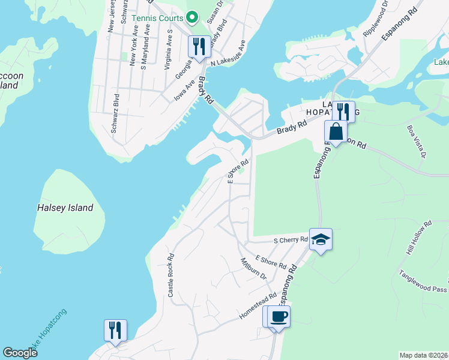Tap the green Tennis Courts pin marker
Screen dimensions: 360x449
tap(192, 17)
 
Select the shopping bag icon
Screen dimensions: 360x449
tap(336, 131)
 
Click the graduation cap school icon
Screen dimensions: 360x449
tap(321, 239)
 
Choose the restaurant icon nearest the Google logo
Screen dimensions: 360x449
tap(115, 329)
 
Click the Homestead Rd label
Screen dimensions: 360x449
tap(258, 305)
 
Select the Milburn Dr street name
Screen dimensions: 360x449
tap(253, 269)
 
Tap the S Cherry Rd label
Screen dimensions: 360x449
tap(291, 240)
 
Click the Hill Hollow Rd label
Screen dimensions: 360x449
tap(418, 238)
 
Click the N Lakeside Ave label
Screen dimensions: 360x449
tap(228, 52)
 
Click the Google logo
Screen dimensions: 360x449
tap(20, 353)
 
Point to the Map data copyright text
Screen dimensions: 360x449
tap(423, 355)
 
